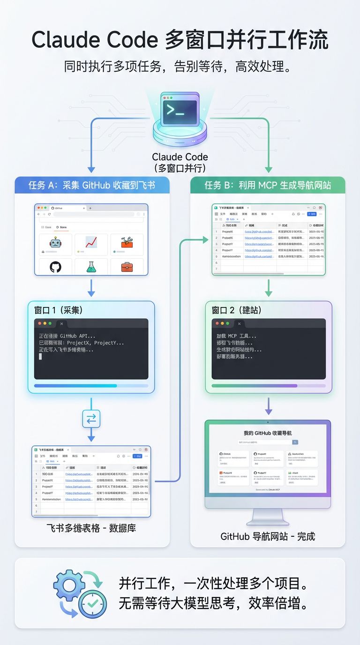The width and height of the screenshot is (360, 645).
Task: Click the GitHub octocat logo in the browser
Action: pyautogui.click(x=55, y=267)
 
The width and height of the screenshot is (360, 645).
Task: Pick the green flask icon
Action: pyautogui.click(x=91, y=267)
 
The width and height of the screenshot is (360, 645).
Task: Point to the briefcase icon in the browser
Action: pyautogui.click(x=127, y=267)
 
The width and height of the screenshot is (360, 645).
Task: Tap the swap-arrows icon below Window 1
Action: pyautogui.click(x=91, y=419)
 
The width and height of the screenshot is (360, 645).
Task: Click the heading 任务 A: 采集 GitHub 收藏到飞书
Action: pyautogui.click(x=91, y=185)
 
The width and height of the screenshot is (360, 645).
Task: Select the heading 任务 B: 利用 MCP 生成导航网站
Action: pyautogui.click(x=268, y=185)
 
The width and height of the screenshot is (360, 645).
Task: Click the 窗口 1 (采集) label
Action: pyautogui.click(x=59, y=310)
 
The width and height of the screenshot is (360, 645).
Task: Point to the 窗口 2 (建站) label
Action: pyautogui.click(x=237, y=310)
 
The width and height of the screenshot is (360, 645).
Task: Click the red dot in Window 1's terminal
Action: pyautogui.click(x=40, y=323)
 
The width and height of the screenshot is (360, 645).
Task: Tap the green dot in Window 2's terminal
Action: pyautogui.click(x=227, y=323)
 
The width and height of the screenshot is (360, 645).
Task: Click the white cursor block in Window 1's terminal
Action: pyautogui.click(x=40, y=356)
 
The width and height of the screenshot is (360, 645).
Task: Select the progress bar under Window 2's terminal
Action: pyautogui.click(x=269, y=386)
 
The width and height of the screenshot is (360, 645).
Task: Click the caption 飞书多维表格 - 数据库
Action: pyautogui.click(x=91, y=528)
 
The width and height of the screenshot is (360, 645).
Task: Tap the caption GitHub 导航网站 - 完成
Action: pyautogui.click(x=268, y=536)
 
